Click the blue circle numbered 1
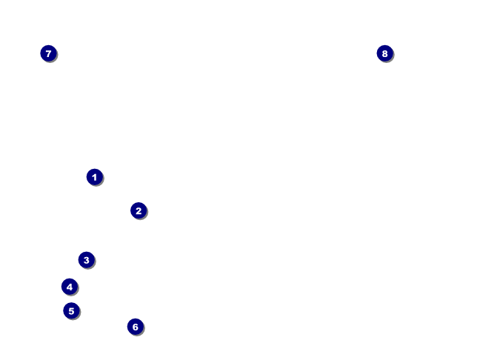pyautogui.click(x=94, y=177)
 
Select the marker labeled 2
pyautogui.click(x=139, y=210)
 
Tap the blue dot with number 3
pyautogui.click(x=87, y=260)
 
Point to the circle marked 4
pyautogui.click(x=70, y=287)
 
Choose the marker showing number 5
pyautogui.click(x=71, y=310)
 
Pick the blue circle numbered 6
pyautogui.click(x=135, y=327)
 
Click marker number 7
pyautogui.click(x=48, y=53)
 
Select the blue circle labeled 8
pyautogui.click(x=384, y=53)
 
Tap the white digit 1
pyautogui.click(x=94, y=177)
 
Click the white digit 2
pyautogui.click(x=139, y=210)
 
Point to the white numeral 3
pyautogui.click(x=87, y=260)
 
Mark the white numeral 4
pyautogui.click(x=70, y=287)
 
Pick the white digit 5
pyautogui.click(x=71, y=310)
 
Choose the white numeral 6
pyautogui.click(x=135, y=327)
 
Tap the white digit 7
pyautogui.click(x=48, y=53)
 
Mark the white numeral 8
pyautogui.click(x=384, y=53)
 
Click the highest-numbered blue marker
pyautogui.click(x=384, y=53)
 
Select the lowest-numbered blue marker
pyautogui.click(x=94, y=177)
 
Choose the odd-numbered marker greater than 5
pyautogui.click(x=48, y=53)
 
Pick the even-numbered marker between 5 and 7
pyautogui.click(x=135, y=327)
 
